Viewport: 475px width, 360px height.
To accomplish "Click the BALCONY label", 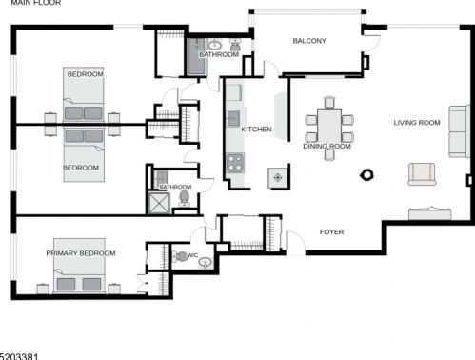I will (x=309, y=41).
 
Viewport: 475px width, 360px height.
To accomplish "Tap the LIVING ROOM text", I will (x=417, y=122).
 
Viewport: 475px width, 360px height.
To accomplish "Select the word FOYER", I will (x=331, y=232).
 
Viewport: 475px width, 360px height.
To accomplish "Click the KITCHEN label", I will (x=257, y=130).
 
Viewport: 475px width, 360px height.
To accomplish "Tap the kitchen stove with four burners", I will (x=234, y=163).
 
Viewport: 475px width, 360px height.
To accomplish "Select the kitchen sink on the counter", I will (x=232, y=118).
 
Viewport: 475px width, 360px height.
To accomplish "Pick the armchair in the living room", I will (x=421, y=173).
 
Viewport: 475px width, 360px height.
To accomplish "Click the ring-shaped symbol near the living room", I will (x=366, y=175).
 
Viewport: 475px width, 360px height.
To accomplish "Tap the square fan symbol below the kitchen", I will (x=278, y=177).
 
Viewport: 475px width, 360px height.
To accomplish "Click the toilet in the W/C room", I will (x=182, y=256).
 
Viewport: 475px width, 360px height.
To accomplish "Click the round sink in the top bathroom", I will (x=216, y=44).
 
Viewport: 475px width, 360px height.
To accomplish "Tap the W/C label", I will (x=193, y=255).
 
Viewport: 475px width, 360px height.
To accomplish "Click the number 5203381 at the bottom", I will (x=20, y=355).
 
